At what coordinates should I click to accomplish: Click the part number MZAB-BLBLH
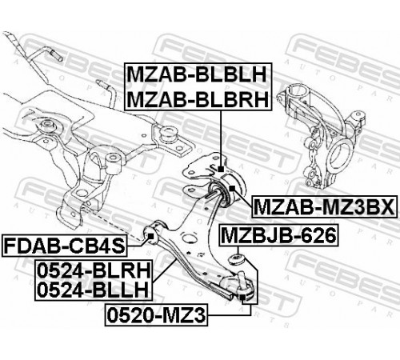pos(198,74)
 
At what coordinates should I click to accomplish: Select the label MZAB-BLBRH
pos(198,99)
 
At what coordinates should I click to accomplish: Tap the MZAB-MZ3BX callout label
pos(324,206)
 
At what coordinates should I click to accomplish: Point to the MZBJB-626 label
pos(278,235)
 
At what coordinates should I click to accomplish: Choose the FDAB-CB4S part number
pos(64,246)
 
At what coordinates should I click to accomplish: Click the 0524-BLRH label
pos(94,270)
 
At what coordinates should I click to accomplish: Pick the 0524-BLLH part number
pos(93,290)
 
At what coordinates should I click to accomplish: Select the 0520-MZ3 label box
pos(157,315)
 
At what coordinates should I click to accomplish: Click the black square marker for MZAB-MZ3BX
pos(232,188)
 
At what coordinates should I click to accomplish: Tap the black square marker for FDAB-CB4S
pos(150,236)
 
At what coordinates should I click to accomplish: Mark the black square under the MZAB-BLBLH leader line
pos(221,169)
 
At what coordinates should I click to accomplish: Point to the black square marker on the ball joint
pos(242,298)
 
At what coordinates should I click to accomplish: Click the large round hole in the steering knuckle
pos(341,154)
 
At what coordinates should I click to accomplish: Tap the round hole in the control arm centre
pos(189,238)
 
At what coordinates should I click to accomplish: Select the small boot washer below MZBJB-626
pos(236,259)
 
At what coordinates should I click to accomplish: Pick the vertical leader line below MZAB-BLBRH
pos(221,138)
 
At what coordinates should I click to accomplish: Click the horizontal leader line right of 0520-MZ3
pos(229,315)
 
